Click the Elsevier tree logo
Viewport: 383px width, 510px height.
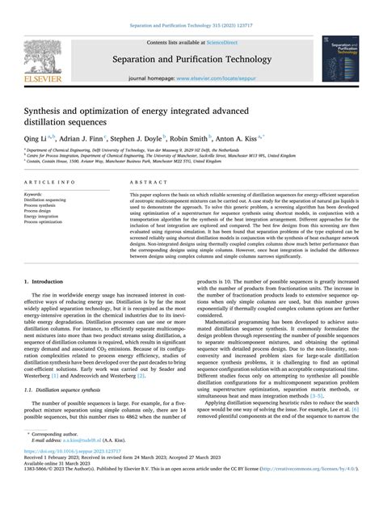coord(40,57)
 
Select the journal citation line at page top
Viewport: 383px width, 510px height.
coord(191,25)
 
